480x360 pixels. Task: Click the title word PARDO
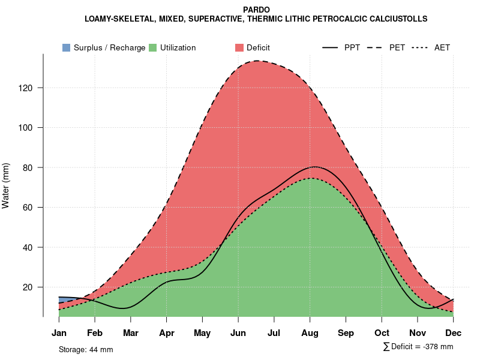(x=256, y=10)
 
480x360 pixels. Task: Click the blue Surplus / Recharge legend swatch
(x=67, y=47)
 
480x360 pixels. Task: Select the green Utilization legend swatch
(x=153, y=47)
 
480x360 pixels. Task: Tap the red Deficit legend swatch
(x=239, y=47)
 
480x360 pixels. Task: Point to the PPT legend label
(x=352, y=47)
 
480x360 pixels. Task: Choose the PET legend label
(x=397, y=47)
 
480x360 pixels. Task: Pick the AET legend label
(x=442, y=47)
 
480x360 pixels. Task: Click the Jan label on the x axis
(x=59, y=333)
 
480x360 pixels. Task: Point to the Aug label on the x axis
(x=310, y=333)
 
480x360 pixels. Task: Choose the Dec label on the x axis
(x=454, y=333)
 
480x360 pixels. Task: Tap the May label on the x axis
(x=202, y=333)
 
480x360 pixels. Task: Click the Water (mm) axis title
(x=6, y=185)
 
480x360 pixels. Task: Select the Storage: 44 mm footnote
(x=86, y=349)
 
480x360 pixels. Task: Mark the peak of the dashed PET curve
(x=257, y=61)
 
